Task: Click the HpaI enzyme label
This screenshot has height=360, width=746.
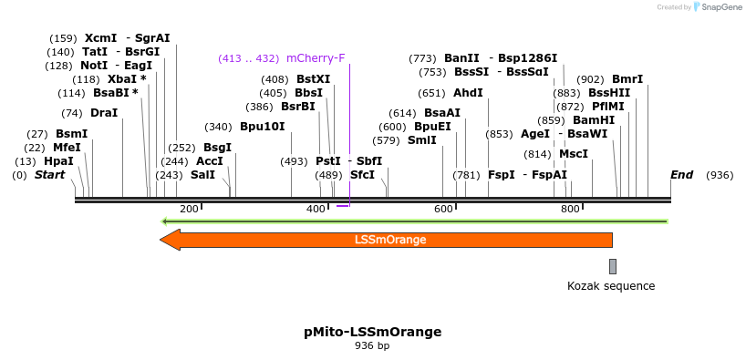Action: tap(58, 161)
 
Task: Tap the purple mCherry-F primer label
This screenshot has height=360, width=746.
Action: tap(316, 58)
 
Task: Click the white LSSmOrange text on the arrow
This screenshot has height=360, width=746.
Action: tap(390, 241)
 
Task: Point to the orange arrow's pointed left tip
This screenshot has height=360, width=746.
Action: tap(162, 240)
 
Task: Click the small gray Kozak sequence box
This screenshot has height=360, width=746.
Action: tap(613, 266)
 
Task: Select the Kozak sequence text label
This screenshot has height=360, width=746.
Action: tap(611, 286)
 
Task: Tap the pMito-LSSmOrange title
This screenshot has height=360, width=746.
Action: tap(372, 332)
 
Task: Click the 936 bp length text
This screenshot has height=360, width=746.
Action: tap(372, 346)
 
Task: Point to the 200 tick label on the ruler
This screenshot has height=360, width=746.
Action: tap(189, 210)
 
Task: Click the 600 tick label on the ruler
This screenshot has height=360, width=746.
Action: tap(443, 210)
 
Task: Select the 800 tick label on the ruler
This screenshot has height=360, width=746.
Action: tap(570, 210)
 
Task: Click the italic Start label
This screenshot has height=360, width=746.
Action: tap(49, 175)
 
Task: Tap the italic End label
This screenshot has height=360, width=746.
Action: tap(681, 175)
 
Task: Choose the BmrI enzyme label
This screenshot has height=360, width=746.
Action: tap(627, 79)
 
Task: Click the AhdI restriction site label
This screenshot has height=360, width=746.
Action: tap(468, 93)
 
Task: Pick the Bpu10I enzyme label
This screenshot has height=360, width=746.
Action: tap(262, 127)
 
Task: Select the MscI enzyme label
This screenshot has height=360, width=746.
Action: tap(574, 154)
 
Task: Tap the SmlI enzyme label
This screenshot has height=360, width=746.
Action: tap(421, 140)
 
